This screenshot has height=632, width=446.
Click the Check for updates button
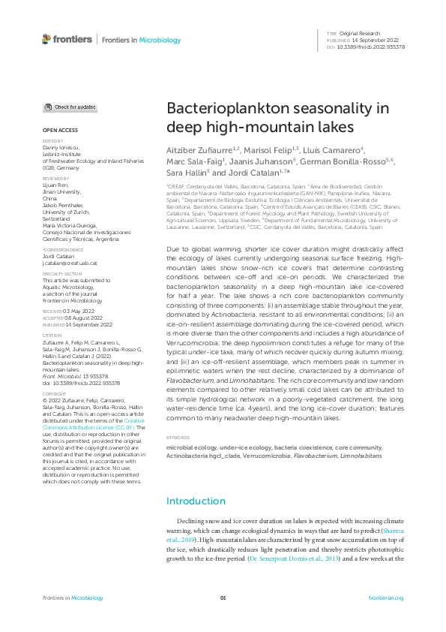[70, 107]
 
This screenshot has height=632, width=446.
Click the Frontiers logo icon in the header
[46, 39]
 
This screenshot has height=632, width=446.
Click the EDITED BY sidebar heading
[52, 140]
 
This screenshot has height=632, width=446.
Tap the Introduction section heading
[195, 480]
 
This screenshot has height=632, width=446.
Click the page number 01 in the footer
[223, 598]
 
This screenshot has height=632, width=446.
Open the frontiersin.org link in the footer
[387, 598]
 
